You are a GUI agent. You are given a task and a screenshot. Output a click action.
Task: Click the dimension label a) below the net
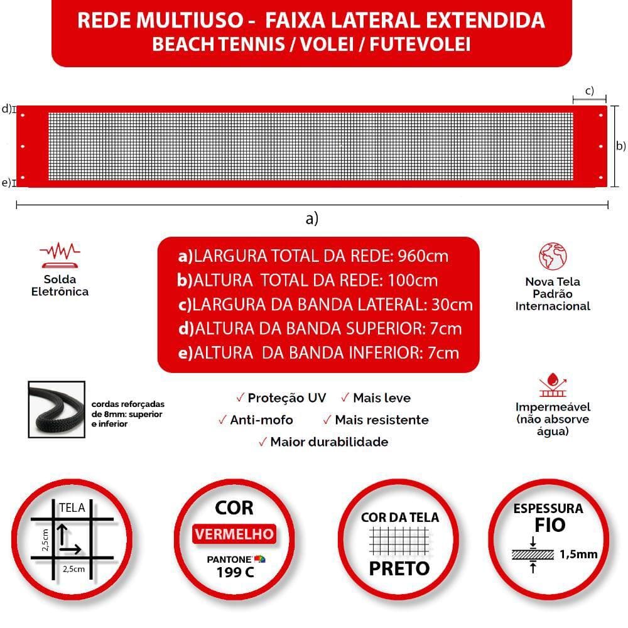coord(311,219)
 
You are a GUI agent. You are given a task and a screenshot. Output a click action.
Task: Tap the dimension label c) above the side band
coord(589,90)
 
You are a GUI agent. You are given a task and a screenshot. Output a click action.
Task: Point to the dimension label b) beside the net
coord(620,146)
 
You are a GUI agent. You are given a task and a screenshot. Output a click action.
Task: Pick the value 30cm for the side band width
coord(452,305)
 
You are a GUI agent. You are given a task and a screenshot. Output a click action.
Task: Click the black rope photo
coord(56,409)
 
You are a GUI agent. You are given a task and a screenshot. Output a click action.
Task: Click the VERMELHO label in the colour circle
coord(234,534)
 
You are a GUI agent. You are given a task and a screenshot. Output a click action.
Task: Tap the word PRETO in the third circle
coord(399,568)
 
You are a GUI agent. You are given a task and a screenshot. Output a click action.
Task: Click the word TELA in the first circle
coord(72,508)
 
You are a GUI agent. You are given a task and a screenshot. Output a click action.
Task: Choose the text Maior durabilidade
coord(329,441)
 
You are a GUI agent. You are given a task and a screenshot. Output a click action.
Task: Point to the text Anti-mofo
coord(261,420)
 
